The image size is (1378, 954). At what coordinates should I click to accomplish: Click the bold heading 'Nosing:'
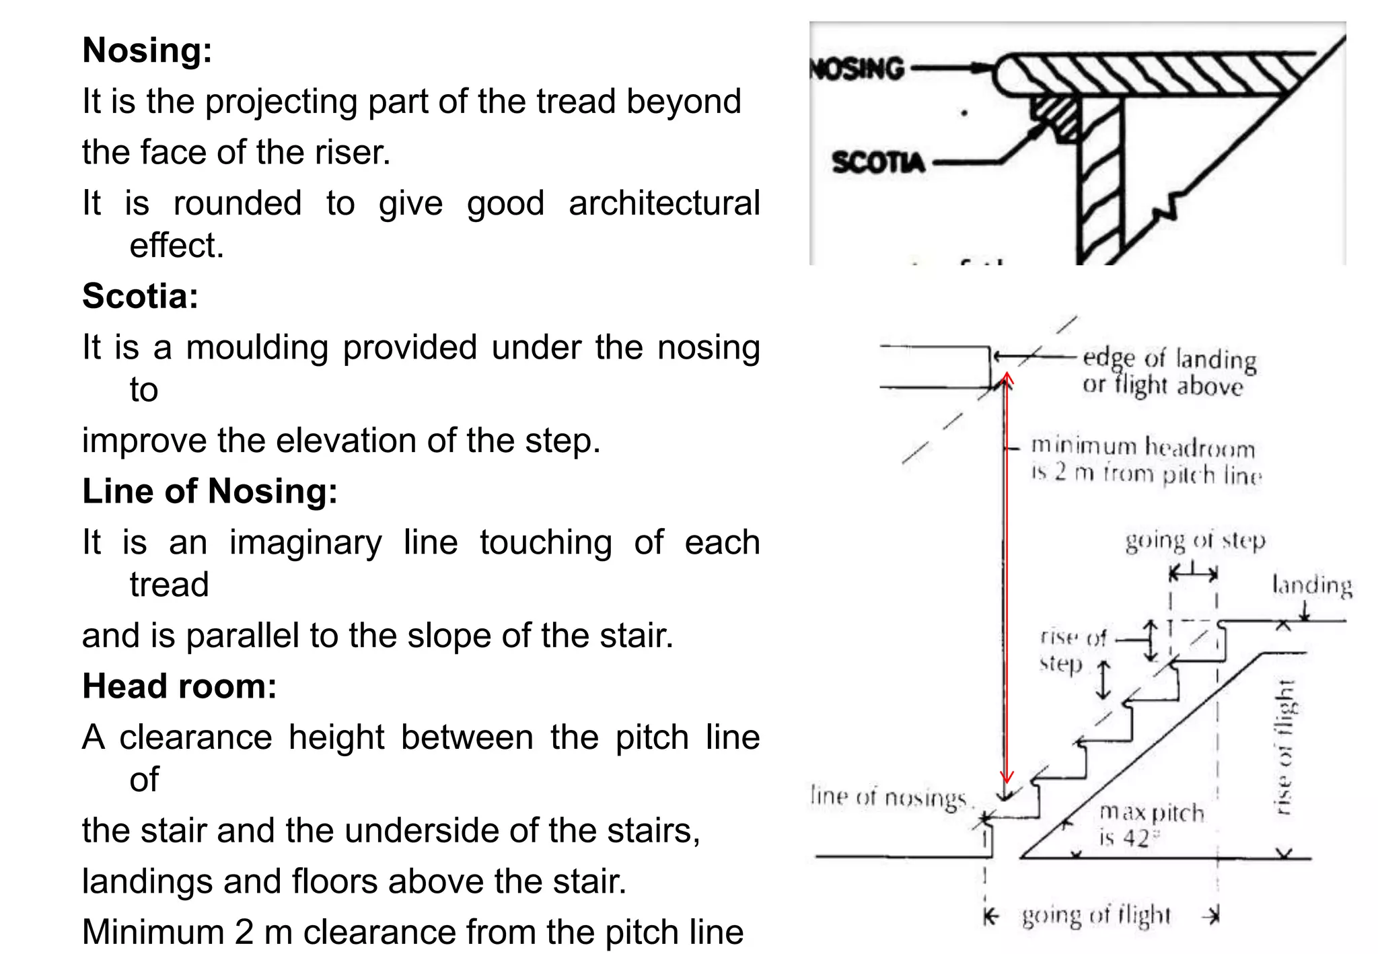coord(147,50)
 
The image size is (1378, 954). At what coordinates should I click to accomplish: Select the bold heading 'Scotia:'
coord(140,296)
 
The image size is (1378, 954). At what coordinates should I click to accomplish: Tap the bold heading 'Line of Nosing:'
coord(209,491)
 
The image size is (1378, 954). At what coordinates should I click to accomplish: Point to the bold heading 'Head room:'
coord(179,686)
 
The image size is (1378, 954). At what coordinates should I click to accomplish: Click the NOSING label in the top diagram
coord(857,69)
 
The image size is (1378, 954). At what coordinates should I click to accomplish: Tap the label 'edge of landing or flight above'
coord(1168,372)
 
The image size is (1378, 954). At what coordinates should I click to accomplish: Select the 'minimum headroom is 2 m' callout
coord(1145,460)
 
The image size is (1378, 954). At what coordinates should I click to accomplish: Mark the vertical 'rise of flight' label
coord(1284,747)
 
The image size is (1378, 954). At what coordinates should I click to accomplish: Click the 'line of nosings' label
coord(889,797)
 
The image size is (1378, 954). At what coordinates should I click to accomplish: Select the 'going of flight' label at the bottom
coord(1096,916)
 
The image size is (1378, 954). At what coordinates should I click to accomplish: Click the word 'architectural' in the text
coord(664,203)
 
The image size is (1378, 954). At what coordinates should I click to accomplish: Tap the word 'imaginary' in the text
coord(305,542)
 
